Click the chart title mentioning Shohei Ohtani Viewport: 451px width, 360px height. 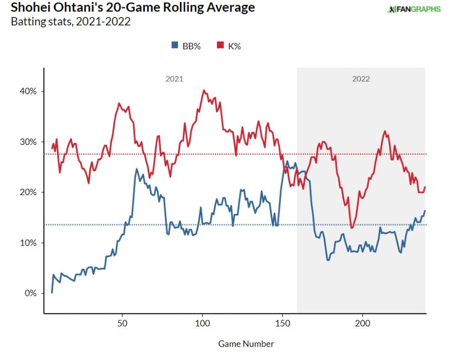pos(128,8)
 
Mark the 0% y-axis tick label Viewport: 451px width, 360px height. pos(31,293)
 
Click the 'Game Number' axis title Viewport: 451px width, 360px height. pos(246,344)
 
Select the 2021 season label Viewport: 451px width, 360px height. pos(174,79)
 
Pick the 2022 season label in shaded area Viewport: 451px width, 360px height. pos(361,79)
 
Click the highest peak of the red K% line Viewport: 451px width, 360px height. pos(203,90)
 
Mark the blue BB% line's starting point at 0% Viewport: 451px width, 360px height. pos(52,293)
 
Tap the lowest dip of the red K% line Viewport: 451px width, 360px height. pos(352,228)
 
